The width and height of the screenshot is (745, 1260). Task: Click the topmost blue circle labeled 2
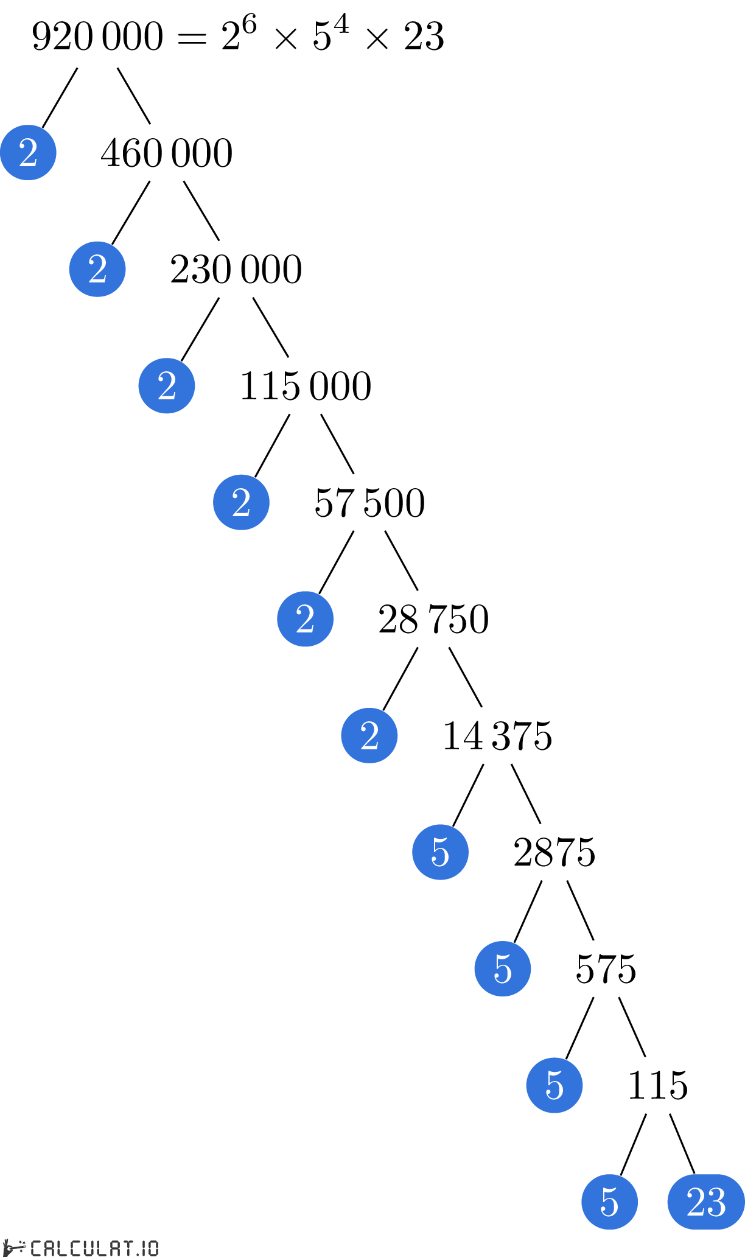[x=28, y=152]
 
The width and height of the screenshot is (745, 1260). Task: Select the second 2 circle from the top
[x=97, y=269]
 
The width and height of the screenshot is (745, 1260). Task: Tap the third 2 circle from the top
[x=167, y=386]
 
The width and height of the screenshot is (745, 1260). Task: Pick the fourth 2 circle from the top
[x=241, y=502]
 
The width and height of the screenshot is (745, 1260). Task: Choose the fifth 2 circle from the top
[x=305, y=619]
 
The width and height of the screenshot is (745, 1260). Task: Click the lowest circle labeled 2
[x=369, y=735]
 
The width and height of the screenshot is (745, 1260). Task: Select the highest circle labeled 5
[x=440, y=852]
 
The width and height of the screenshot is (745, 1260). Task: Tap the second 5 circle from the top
[x=503, y=968]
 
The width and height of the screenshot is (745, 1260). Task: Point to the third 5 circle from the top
[x=554, y=1085]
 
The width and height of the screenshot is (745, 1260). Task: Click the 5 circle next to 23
[x=609, y=1202]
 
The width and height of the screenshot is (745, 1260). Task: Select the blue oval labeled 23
[x=706, y=1202]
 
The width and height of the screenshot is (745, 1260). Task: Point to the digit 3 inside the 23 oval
[x=716, y=1202]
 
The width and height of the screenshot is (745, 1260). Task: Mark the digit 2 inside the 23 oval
[x=696, y=1202]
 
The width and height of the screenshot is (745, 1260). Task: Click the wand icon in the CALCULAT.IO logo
[x=15, y=1248]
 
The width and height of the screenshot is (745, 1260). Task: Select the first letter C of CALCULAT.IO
[x=36, y=1248]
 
